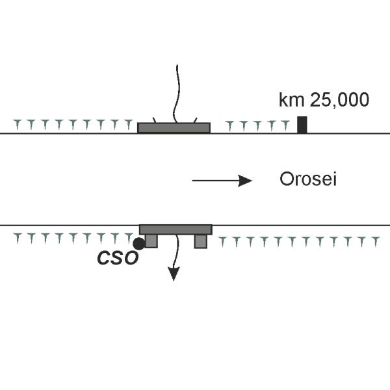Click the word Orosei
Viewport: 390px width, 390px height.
[x=307, y=180]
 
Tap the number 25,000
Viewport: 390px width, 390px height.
[x=338, y=100]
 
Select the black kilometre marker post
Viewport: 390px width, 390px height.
[x=302, y=124]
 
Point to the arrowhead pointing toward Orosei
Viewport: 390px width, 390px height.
[x=245, y=181]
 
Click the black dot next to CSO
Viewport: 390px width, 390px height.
[x=138, y=244]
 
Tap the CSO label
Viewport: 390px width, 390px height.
[x=118, y=257]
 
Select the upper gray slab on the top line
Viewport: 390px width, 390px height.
[x=174, y=127]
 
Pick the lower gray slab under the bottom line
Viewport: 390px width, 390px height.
[x=175, y=229]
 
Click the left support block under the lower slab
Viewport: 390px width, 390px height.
[x=151, y=241]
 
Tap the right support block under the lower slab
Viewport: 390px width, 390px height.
[x=200, y=241]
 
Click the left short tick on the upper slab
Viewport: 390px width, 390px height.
[x=153, y=120]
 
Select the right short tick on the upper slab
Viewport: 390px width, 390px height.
[x=195, y=120]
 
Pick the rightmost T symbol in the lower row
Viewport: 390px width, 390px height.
[x=374, y=242]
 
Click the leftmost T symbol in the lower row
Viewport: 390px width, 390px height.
[x=17, y=239]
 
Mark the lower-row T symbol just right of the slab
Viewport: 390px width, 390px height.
[x=222, y=242]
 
